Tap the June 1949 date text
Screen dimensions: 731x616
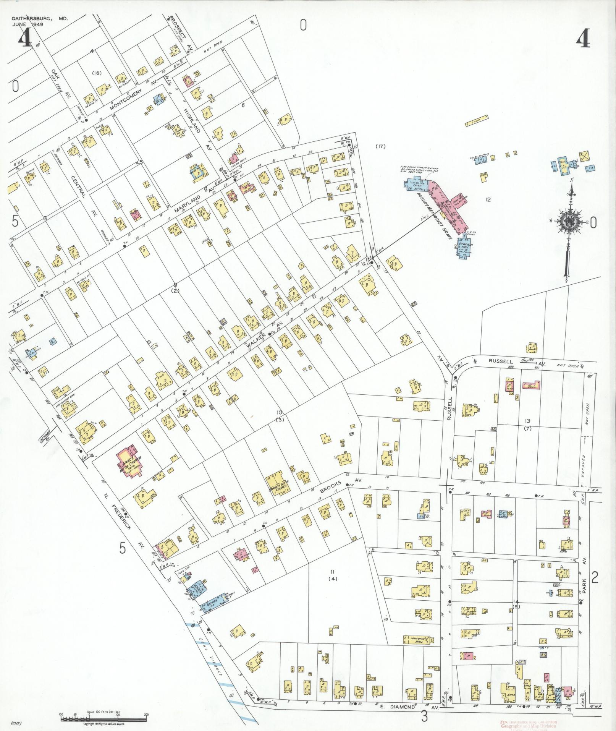pyautogui.click(x=27, y=24)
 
